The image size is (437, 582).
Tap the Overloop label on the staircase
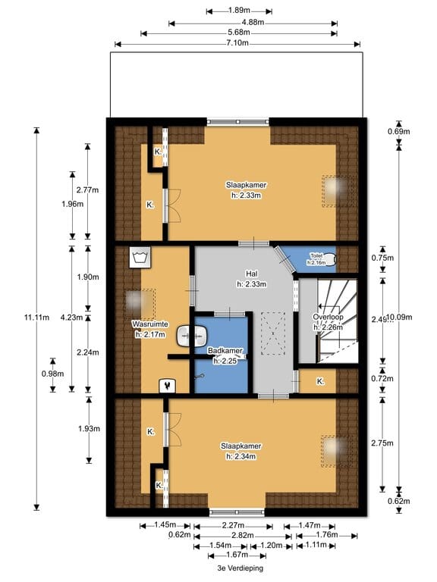pyautogui.click(x=328, y=317)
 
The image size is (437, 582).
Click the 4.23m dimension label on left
pyautogui.click(x=68, y=318)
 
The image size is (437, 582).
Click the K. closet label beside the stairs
pyautogui.click(x=320, y=381)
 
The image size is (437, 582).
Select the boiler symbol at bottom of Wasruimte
pyautogui.click(x=165, y=385)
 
